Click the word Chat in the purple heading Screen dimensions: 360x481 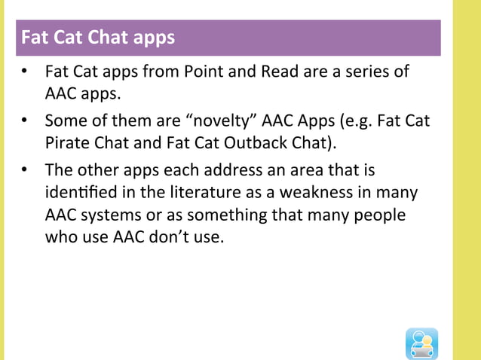(x=111, y=37)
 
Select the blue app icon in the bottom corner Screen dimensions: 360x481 (x=421, y=343)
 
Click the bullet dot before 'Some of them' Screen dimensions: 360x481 (x=24, y=121)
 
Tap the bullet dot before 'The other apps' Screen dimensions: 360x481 (x=24, y=169)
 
